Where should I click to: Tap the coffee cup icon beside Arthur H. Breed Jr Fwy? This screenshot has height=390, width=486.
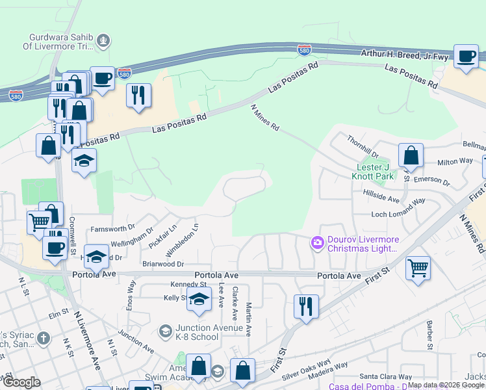pyautogui.click(x=465, y=57)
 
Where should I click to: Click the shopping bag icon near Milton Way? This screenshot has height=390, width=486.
pyautogui.click(x=411, y=156)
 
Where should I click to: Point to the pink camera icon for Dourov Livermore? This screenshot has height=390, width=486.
pyautogui.click(x=318, y=242)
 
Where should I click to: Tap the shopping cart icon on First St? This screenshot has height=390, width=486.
pyautogui.click(x=418, y=267)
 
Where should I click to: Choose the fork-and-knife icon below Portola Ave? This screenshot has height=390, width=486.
pyautogui.click(x=306, y=305)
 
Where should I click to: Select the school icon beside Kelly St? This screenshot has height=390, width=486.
pyautogui.click(x=199, y=300)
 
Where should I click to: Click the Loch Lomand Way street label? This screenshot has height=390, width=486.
pyautogui.click(x=398, y=214)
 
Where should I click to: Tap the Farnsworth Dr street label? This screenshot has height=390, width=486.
pyautogui.click(x=112, y=228)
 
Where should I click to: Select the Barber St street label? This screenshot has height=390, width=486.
pyautogui.click(x=429, y=334)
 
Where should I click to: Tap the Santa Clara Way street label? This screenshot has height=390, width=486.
pyautogui.click(x=386, y=376)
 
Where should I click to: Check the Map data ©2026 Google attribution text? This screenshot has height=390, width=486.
pyautogui.click(x=446, y=385)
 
